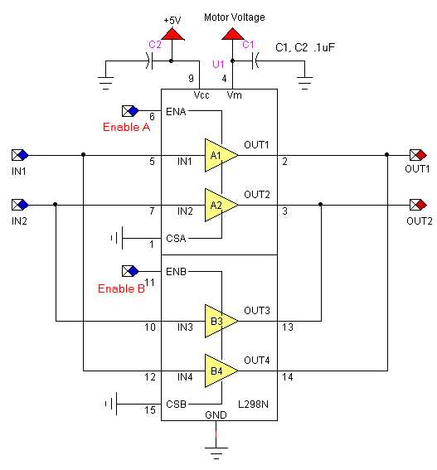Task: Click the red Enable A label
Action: pos(126,128)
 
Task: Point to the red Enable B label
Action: pos(121,288)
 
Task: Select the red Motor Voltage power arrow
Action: pos(231,34)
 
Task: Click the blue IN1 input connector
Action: pos(20,155)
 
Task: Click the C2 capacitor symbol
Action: pos(154,61)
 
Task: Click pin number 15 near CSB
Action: pos(151,409)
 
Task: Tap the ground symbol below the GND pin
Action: pos(216,453)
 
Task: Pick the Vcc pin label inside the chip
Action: pos(201,94)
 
